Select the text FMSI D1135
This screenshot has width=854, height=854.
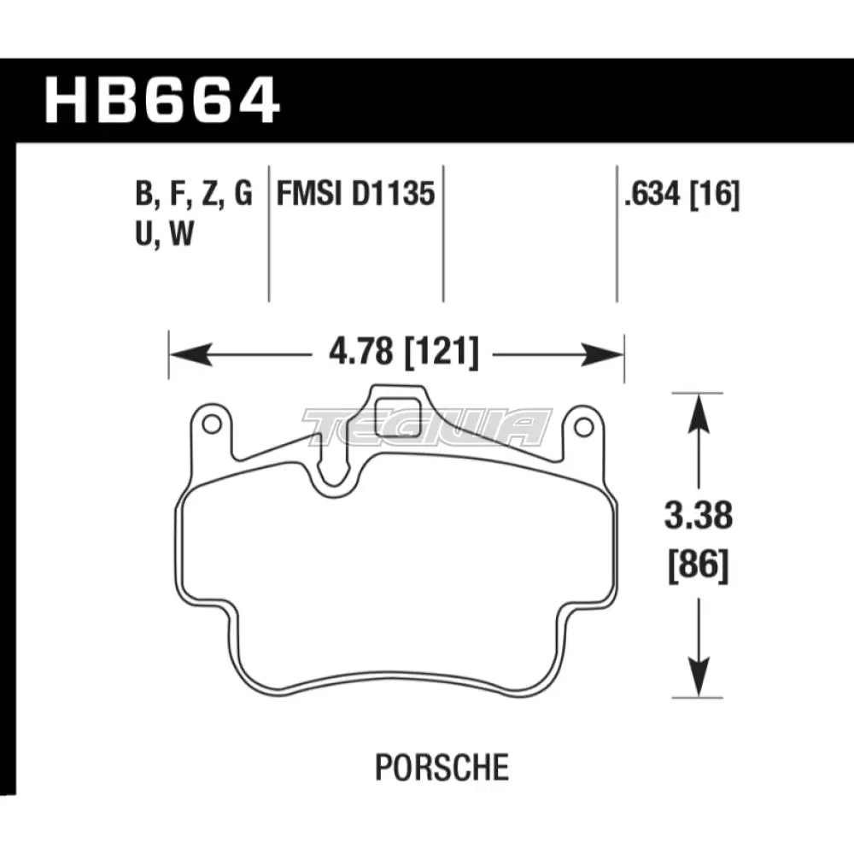tap(355, 196)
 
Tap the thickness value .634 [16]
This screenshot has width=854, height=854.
tap(681, 196)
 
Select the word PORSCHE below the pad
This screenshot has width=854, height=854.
tap(442, 767)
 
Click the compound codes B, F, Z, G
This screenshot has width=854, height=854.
tap(193, 196)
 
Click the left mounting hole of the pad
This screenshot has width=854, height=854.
tap(210, 424)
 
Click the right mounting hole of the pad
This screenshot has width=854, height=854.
tap(584, 426)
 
